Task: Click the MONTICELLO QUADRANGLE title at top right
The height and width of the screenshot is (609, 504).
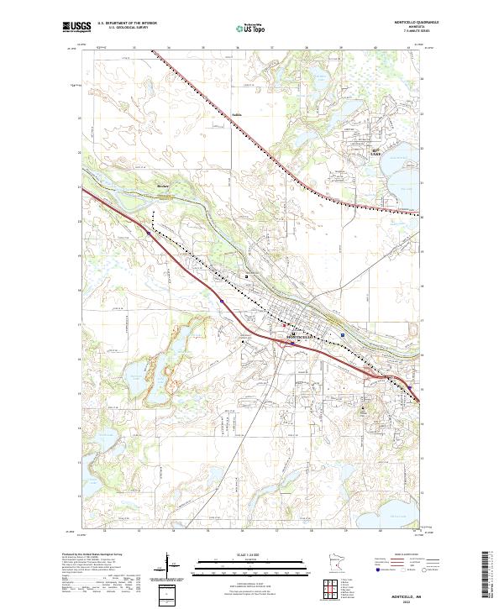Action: tap(391, 23)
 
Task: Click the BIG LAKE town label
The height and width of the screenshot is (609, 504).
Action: tap(377, 153)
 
